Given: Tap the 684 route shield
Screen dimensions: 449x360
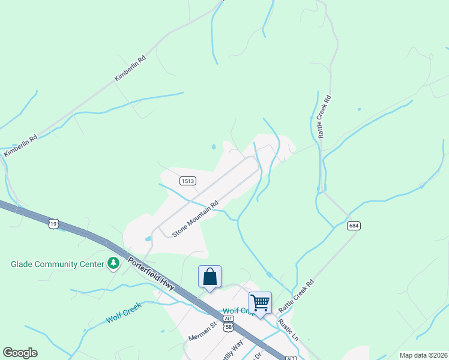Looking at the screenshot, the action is click(353, 225).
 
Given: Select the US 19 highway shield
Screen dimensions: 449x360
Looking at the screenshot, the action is click(54, 223).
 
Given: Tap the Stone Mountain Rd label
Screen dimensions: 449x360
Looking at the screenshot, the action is click(195, 218).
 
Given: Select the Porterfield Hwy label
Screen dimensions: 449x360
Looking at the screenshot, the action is click(151, 274).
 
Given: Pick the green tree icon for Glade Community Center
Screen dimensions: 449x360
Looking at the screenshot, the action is click(113, 263).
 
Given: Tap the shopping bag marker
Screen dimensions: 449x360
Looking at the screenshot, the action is click(209, 277).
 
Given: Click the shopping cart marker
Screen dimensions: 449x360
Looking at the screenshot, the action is click(260, 302).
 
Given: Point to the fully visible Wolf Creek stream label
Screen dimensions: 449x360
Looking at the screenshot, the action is click(124, 313).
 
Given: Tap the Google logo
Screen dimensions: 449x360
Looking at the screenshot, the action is click(20, 353).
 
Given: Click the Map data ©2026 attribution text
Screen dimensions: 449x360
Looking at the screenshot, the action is click(423, 355).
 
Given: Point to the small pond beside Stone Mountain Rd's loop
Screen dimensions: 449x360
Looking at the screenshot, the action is click(148, 239).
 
